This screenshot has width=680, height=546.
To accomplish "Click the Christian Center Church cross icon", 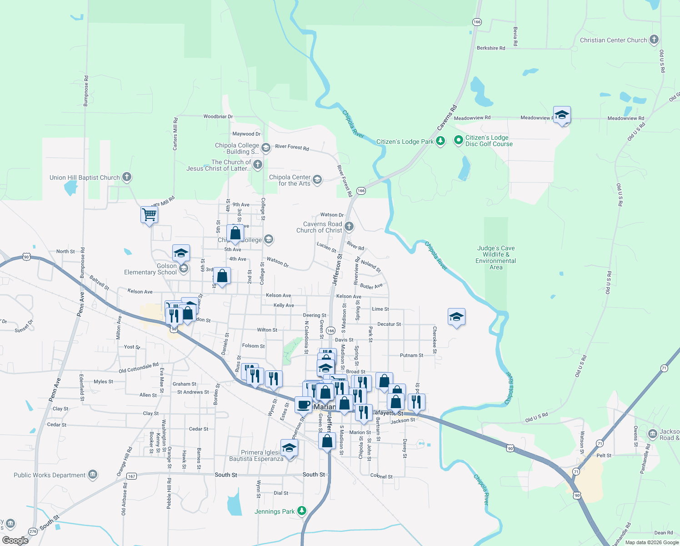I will click(654, 40).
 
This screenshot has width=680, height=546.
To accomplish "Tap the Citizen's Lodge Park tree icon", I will click(440, 141).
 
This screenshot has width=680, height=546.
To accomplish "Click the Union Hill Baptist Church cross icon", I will click(127, 177).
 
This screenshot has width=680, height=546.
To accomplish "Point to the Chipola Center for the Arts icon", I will click(317, 180).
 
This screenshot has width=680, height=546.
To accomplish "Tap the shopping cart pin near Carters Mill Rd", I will click(149, 214).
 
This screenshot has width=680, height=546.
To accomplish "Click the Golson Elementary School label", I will click(150, 269).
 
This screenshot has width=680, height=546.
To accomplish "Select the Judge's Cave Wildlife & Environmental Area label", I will click(495, 258).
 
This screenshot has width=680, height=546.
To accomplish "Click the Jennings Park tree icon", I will click(301, 511).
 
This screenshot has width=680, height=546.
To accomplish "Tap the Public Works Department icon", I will click(93, 475).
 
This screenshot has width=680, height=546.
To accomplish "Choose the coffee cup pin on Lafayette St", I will click(303, 404).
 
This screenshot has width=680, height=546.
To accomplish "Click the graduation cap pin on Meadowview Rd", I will click(562, 115).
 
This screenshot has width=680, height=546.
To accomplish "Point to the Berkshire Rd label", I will click(491, 48).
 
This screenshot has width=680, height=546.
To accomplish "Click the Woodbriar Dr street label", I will click(218, 116).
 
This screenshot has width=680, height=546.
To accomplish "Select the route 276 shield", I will click(33, 531).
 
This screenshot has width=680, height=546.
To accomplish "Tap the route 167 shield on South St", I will click(131, 476).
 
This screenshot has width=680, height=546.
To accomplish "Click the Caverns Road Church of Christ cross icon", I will click(349, 226).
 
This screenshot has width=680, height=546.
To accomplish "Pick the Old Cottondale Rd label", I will click(139, 368).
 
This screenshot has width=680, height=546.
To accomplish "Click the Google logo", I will click(15, 540).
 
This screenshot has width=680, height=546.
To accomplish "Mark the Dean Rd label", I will click(663, 533).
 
